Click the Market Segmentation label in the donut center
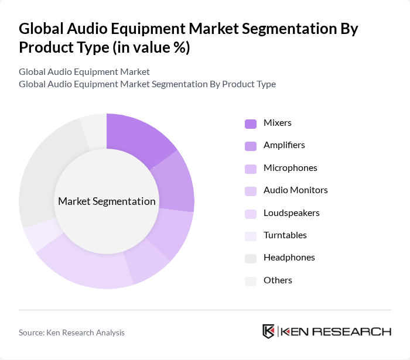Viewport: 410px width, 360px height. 107,201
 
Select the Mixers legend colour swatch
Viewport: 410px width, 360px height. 250,124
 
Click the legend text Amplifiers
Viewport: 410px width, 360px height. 284,145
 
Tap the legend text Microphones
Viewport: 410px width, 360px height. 290,168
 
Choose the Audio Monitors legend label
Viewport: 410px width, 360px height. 295,190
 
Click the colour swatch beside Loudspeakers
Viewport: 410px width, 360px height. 250,214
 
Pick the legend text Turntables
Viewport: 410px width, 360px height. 285,235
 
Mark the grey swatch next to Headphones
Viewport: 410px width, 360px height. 250,258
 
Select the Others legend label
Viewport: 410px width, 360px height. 278,280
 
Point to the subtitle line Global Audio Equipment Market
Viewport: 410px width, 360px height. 84,72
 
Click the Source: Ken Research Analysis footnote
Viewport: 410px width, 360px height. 71,332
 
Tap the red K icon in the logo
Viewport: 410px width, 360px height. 268,331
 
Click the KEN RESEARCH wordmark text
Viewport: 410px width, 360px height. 336,331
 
